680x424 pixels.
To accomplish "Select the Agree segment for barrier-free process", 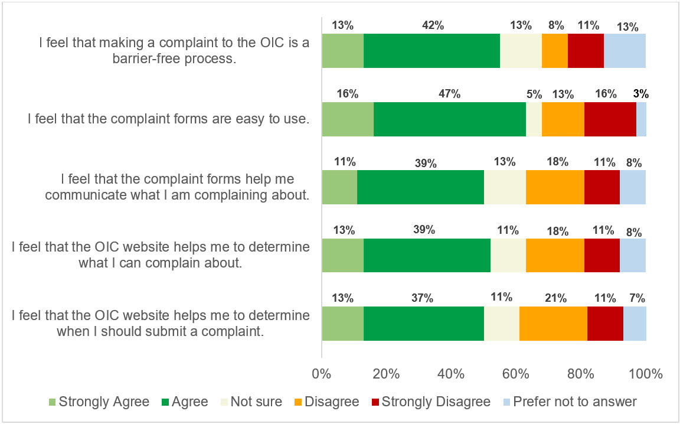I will (x=431, y=51).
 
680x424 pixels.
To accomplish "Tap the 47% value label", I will (x=449, y=94).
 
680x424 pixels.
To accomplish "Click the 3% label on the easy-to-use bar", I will (x=641, y=93).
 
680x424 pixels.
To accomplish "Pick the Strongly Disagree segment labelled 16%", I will (x=610, y=119).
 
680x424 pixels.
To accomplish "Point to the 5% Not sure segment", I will (x=534, y=119).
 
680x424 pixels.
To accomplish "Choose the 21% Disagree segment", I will (x=553, y=324).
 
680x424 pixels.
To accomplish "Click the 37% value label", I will (x=423, y=298).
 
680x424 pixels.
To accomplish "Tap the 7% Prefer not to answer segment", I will (x=635, y=324).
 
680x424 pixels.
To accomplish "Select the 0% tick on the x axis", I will (x=321, y=374).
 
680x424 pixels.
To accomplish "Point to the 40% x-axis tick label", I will (x=451, y=374).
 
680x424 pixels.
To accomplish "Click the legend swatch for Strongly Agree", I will (x=52, y=402).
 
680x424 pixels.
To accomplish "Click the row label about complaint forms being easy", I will (x=169, y=119).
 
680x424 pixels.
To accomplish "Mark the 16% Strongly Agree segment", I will (x=348, y=119).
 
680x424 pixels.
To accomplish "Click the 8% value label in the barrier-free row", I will (x=555, y=25).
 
